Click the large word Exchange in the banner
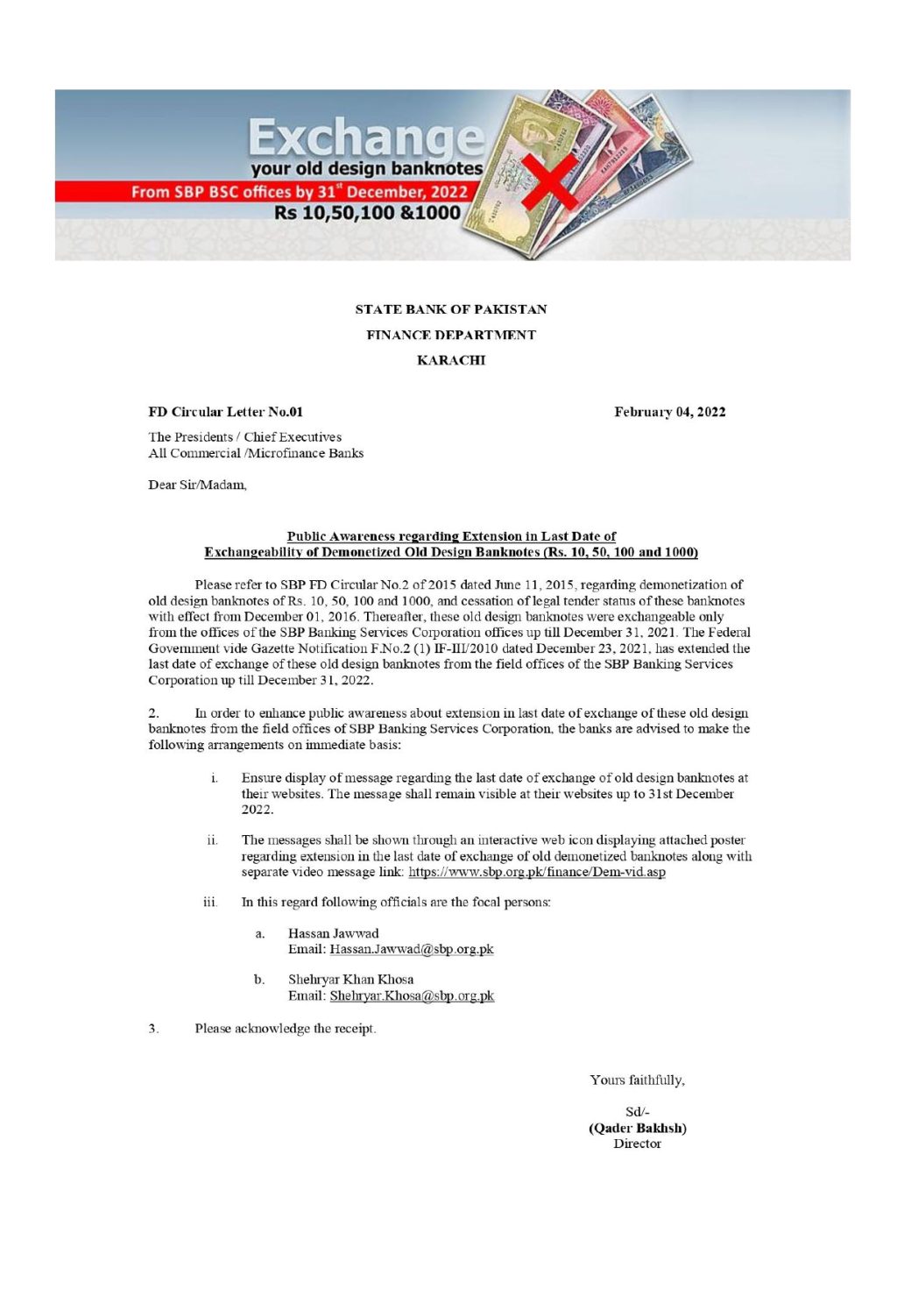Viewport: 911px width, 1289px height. point(365,138)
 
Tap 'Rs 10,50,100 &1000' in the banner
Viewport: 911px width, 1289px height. point(367,213)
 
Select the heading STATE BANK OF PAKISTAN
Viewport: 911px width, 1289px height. point(450,309)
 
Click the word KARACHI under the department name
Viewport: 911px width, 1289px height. point(450,360)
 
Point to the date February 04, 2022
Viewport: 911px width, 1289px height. point(669,412)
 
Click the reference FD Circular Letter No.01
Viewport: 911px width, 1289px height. point(225,412)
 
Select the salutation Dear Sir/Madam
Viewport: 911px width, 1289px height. point(197,485)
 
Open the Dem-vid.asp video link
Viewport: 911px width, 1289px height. point(536,872)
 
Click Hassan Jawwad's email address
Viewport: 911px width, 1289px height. point(411,949)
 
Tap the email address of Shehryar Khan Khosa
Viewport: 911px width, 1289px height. point(411,995)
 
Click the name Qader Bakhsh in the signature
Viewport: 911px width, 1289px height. point(637,1128)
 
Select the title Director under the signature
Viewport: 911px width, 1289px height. point(637,1144)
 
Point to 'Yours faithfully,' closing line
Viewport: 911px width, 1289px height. point(637,1080)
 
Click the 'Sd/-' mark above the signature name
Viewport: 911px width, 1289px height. point(637,1112)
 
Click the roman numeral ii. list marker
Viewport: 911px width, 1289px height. point(212,839)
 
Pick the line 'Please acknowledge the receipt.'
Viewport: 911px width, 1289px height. point(285,1028)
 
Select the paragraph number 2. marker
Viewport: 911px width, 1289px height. point(153,713)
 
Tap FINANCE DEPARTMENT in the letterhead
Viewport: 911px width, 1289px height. point(450,335)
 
